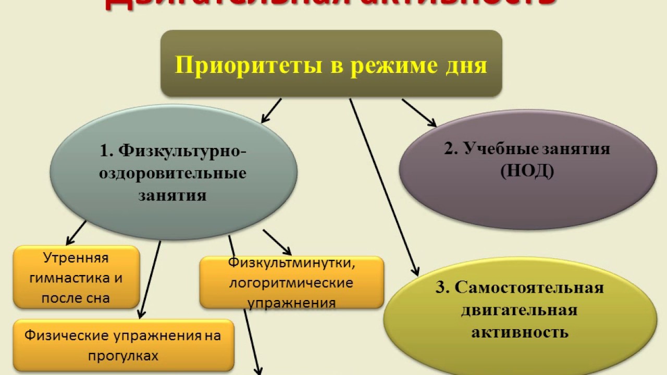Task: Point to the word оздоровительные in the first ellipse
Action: (x=173, y=173)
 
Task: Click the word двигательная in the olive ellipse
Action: (x=519, y=310)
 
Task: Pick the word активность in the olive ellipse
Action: (x=520, y=332)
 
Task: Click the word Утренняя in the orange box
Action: (x=76, y=258)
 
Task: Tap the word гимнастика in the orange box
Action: (x=76, y=278)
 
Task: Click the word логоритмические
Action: (x=291, y=283)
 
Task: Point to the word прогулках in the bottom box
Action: (x=123, y=356)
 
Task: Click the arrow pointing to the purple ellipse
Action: (x=419, y=113)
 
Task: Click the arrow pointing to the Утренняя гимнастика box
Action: (x=76, y=232)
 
